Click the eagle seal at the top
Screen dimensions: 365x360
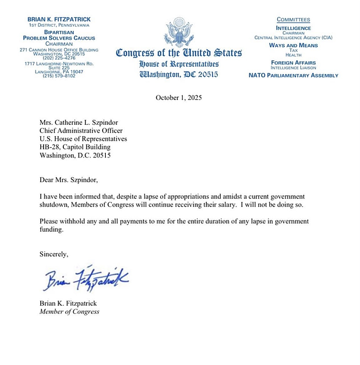[179, 32]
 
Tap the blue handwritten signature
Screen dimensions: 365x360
[87, 278]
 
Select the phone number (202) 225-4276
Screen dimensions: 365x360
[59, 58]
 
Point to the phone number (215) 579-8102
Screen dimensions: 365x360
[59, 76]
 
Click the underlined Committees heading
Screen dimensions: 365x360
[293, 20]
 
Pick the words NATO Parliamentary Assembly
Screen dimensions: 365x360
[293, 75]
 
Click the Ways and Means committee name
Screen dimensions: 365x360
[293, 45]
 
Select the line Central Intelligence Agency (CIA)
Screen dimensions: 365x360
[293, 38]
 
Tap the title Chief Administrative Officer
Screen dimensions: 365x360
[81, 131]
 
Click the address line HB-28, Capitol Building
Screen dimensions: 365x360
[75, 147]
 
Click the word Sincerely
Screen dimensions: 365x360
[54, 253]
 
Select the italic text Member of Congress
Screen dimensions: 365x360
[69, 311]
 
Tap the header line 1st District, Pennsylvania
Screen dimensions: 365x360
[59, 25]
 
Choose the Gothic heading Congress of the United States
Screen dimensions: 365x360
[179, 53]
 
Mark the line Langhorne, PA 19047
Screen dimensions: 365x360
[59, 71]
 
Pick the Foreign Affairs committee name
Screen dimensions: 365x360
[293, 62]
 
